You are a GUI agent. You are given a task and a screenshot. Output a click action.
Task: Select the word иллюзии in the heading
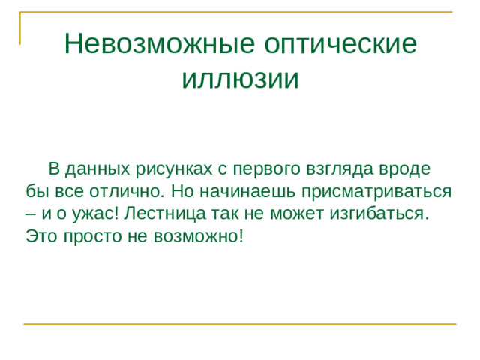click(240, 77)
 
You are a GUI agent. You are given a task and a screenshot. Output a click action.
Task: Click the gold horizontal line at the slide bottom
click(240, 324)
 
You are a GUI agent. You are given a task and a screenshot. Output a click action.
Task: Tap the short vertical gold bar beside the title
click(21, 28)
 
